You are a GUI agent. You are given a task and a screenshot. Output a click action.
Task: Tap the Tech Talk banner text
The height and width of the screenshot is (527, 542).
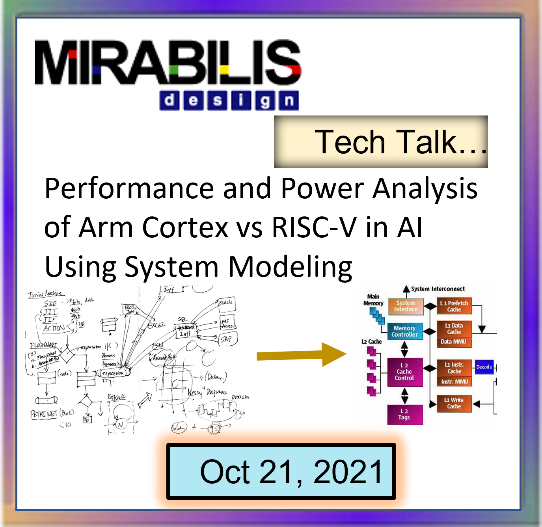coord(400,142)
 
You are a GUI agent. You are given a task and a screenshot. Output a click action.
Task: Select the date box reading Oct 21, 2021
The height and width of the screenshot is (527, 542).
coord(281,471)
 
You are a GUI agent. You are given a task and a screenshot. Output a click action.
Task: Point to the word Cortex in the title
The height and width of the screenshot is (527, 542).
coord(185,227)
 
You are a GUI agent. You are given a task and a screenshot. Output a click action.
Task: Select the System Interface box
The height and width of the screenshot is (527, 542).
coord(406,306)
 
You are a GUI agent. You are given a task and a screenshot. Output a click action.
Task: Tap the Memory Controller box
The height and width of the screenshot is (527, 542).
coord(404,331)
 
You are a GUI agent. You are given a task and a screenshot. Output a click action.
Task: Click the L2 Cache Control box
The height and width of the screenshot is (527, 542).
coord(404,372)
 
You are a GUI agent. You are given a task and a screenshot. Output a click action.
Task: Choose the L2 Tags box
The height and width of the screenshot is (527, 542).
coord(404,414)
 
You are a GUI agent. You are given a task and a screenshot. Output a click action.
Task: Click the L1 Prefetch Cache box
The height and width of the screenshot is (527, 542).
coord(454,306)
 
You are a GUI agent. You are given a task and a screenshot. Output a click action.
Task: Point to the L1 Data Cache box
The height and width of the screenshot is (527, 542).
coord(454,329)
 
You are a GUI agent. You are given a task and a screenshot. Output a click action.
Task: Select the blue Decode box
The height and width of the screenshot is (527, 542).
coord(484,367)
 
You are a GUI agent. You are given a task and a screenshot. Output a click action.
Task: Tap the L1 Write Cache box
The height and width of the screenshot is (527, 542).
coord(454,403)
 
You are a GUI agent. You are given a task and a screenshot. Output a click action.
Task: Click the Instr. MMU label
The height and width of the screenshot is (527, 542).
coord(454,382)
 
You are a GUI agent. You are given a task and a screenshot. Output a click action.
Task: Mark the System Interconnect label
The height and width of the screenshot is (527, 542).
coord(438,289)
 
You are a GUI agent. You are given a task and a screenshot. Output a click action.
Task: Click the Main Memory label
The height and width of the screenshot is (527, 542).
coord(373,300)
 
